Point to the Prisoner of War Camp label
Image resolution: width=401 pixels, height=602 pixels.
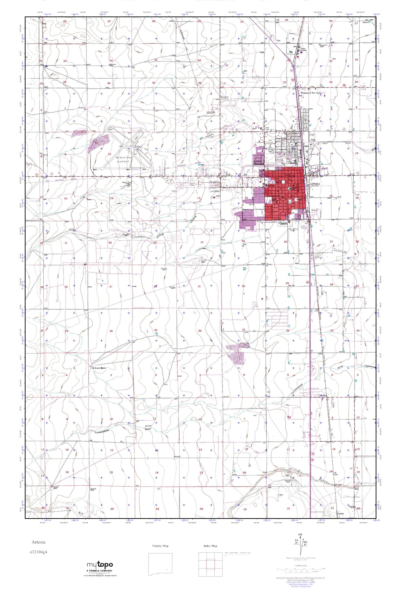[x=311, y=93]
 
